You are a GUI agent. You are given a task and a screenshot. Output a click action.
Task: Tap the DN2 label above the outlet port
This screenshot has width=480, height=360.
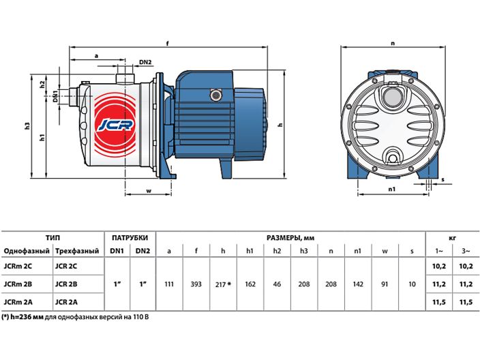[x=145, y=63]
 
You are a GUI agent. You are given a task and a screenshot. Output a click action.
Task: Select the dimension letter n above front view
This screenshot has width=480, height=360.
[x=393, y=44]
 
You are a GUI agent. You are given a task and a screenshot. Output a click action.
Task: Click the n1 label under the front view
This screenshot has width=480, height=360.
[x=391, y=190]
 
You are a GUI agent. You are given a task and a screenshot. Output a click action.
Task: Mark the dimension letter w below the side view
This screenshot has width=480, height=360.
[x=149, y=190]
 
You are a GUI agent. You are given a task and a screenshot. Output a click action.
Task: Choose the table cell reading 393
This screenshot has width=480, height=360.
[x=196, y=283]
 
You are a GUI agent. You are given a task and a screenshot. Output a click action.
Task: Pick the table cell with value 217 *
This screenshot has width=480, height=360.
[x=224, y=283]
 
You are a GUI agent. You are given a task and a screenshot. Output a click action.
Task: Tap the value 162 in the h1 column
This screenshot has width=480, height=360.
[x=250, y=283]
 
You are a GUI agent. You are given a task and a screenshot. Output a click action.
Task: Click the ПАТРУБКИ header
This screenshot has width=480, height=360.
[x=130, y=238]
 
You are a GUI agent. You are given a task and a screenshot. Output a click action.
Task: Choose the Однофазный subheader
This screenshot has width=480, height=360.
[x=24, y=251]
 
